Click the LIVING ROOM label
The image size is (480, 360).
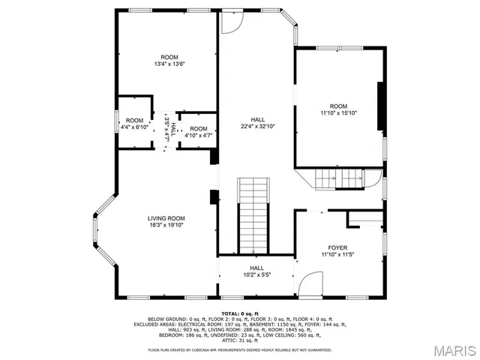point(165,217)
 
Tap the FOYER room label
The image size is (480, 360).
point(337,247)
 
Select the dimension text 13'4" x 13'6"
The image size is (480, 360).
point(169,64)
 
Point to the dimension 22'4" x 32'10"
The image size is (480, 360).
point(257,127)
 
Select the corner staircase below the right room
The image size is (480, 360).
point(330,179)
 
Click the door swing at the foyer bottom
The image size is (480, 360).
point(310,285)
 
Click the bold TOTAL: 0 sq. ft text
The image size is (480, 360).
point(239,313)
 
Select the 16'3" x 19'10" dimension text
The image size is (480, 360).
point(165,225)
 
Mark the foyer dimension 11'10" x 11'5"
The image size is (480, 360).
point(337,255)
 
